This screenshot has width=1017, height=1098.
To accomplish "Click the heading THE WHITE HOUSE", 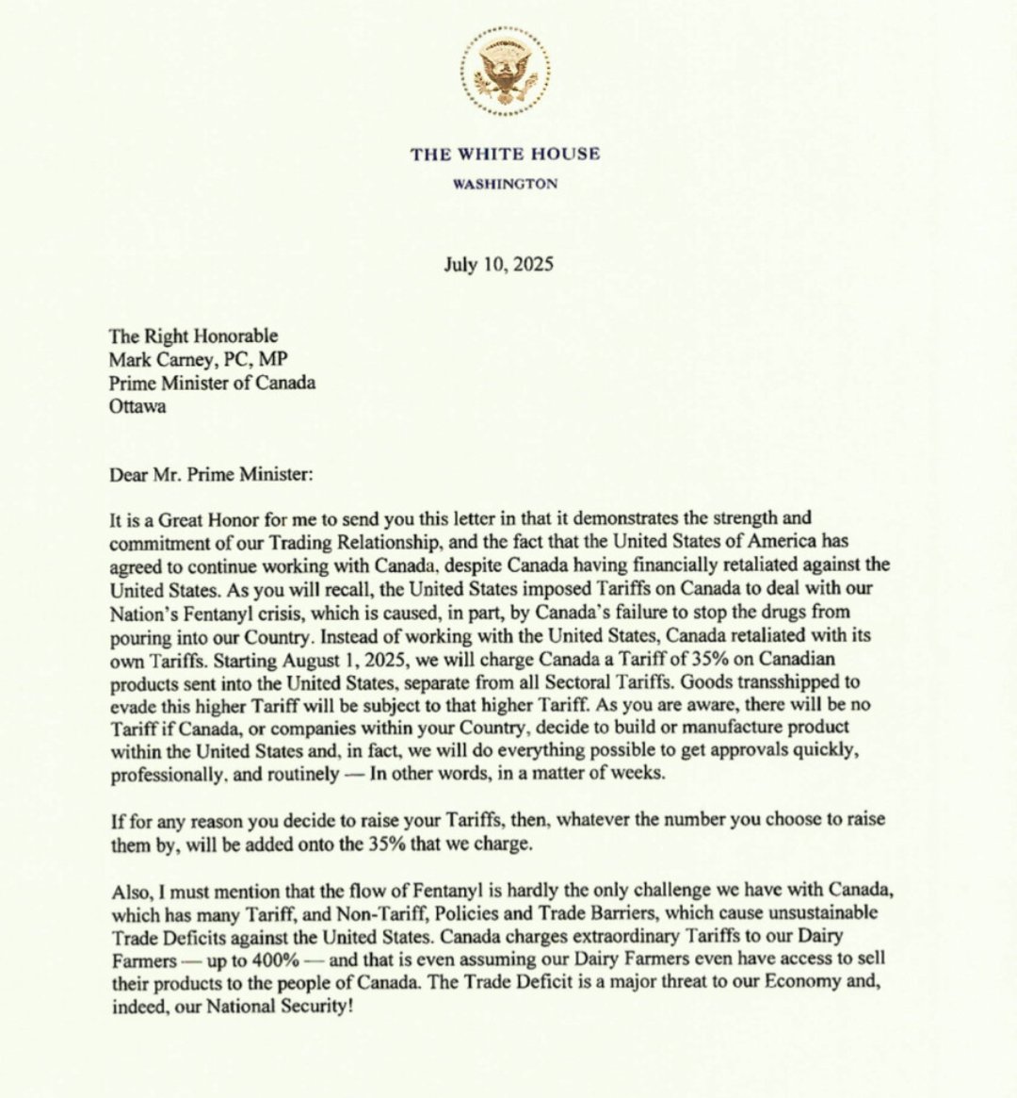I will (x=505, y=154).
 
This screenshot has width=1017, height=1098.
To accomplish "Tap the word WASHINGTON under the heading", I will (x=505, y=184).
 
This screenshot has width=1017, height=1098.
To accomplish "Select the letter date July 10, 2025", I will (x=498, y=264).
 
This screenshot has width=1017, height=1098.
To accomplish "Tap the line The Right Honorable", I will (x=194, y=336).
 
